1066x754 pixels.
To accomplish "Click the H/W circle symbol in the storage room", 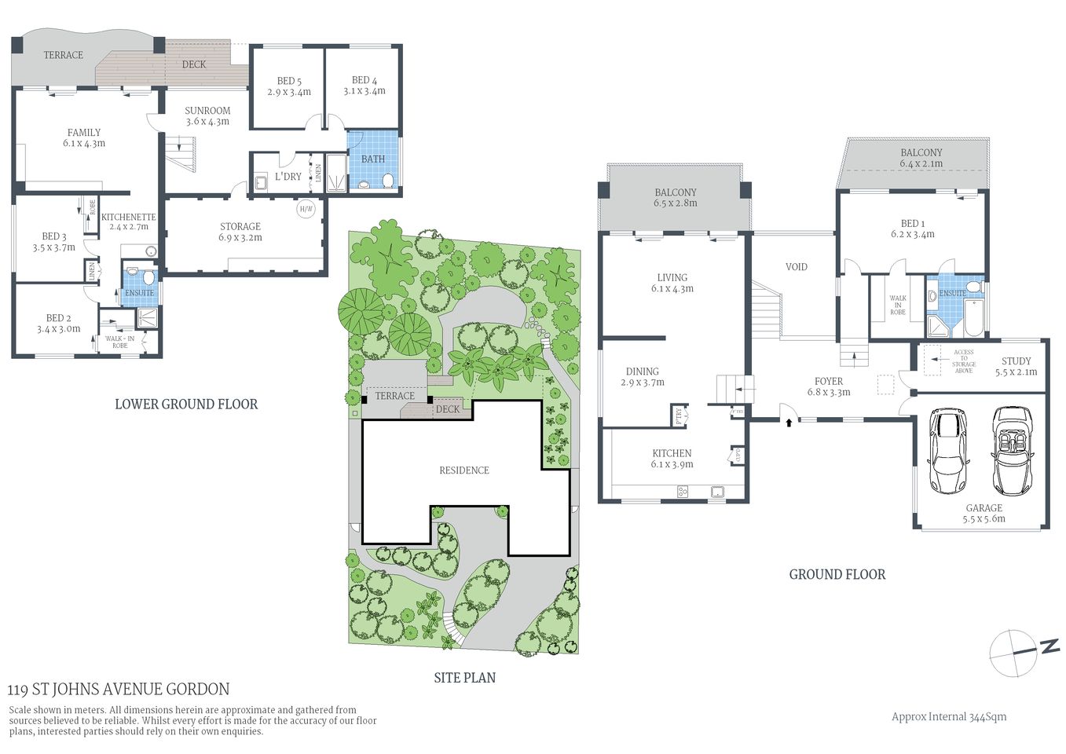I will tap(306, 210).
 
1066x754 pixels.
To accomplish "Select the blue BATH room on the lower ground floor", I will tap(373, 160).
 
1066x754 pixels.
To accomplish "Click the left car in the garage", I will tap(947, 450).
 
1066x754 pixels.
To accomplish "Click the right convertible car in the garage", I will tap(1012, 450).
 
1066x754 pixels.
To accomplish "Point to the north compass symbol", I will tap(1023, 651).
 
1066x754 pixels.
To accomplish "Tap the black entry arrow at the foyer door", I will tap(789, 423).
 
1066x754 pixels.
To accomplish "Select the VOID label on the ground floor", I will tap(796, 267).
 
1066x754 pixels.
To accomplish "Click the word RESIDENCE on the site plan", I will tap(463, 470).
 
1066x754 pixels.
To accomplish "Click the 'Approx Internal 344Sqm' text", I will tap(948, 716).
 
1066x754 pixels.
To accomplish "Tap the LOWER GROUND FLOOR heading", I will tap(186, 404).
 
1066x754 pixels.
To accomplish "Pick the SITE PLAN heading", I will tap(464, 678).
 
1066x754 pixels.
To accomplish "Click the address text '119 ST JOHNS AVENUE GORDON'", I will tap(119, 690).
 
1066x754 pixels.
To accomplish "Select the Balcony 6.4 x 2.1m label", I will tap(921, 158).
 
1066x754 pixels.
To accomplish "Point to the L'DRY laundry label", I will tap(288, 177).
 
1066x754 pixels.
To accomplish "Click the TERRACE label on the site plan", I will tap(394, 396).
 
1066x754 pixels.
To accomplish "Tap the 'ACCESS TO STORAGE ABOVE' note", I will tap(963, 361).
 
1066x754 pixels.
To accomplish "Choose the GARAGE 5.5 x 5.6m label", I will tap(984, 513).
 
